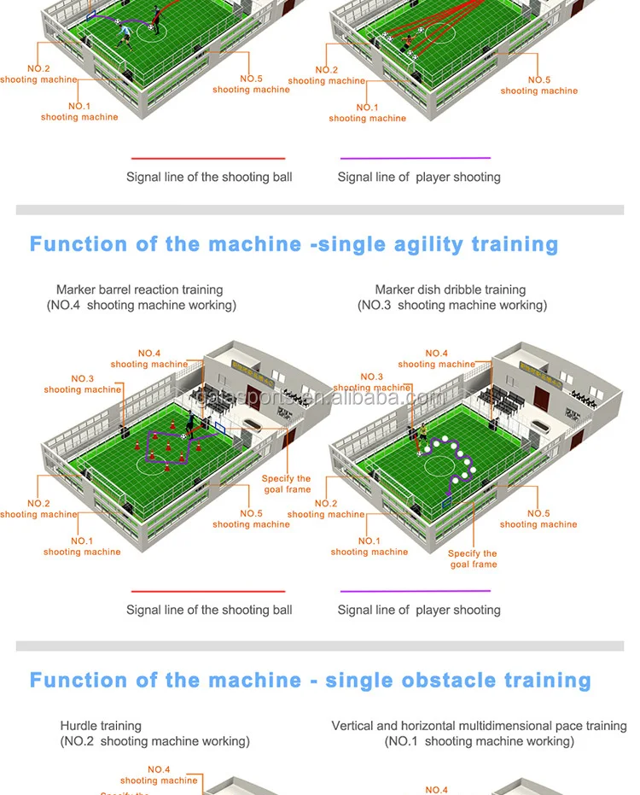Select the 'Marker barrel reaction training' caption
coord(140,290)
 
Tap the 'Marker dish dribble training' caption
coord(451,290)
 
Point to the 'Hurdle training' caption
coord(101,726)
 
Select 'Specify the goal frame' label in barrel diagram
coord(286,484)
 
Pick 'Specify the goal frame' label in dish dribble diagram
coord(473,558)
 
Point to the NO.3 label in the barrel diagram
coord(83,383)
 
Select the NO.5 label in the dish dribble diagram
coord(538,519)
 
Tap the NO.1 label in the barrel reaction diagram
coord(82,547)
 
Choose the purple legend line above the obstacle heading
coord(416,591)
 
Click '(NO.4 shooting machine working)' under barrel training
coord(142,305)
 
